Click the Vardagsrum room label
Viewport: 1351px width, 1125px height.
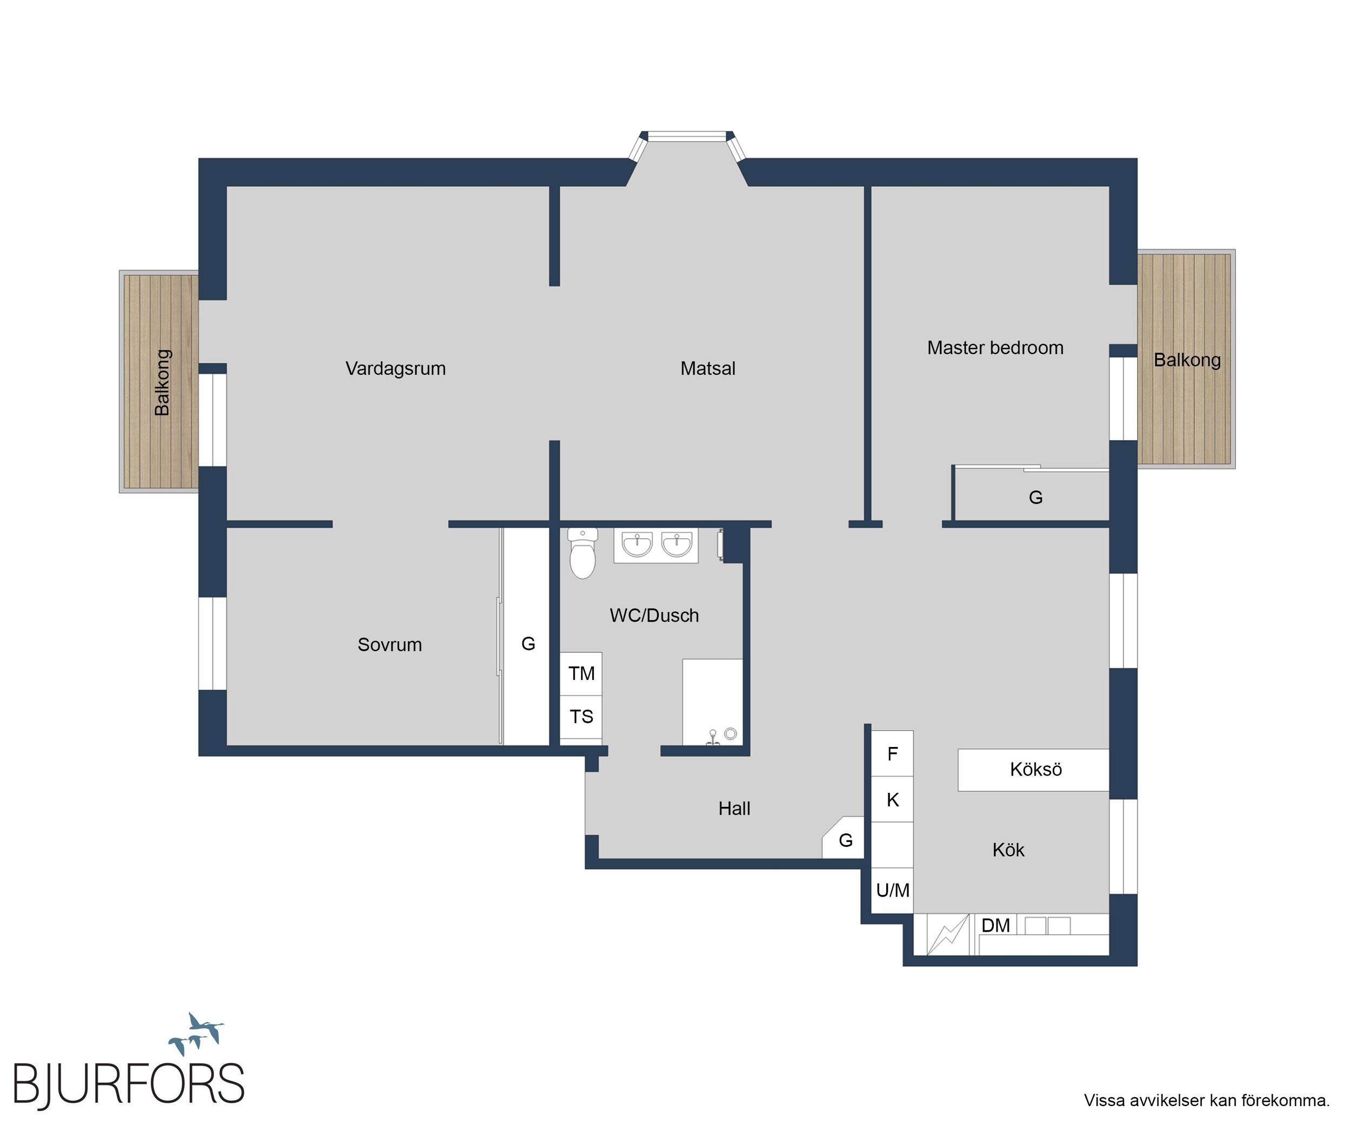[396, 369]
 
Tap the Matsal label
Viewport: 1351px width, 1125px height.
[708, 368]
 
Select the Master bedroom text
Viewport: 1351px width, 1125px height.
[995, 348]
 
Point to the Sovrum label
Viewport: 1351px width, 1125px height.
[390, 645]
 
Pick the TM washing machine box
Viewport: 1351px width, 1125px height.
[581, 673]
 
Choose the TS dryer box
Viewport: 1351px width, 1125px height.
[581, 717]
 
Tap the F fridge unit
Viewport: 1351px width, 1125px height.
[892, 753]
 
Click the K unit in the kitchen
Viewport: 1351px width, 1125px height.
[892, 800]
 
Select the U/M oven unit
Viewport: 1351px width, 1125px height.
[892, 891]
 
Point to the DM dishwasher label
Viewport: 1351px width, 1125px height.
[996, 926]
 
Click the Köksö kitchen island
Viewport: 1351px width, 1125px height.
[1033, 770]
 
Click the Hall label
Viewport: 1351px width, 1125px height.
[734, 809]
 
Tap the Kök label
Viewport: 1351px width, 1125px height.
[1008, 850]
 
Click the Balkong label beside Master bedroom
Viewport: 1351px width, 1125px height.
[1187, 360]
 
